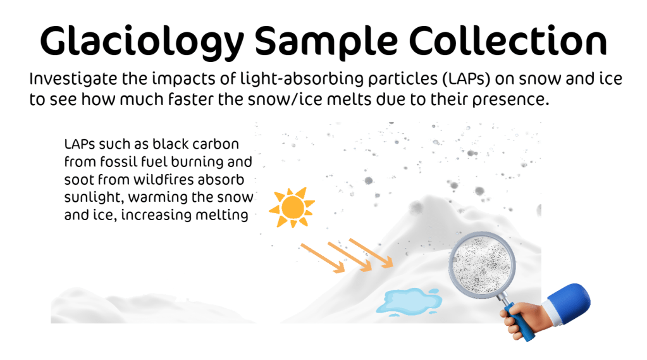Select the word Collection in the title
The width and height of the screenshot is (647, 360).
pos(508,41)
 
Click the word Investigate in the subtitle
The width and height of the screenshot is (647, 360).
pos(73,80)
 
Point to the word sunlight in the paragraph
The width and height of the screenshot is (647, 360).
pos(94,198)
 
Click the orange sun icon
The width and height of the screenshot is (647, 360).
pos(292,208)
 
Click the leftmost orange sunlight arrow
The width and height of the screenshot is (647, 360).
pos(323,258)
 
